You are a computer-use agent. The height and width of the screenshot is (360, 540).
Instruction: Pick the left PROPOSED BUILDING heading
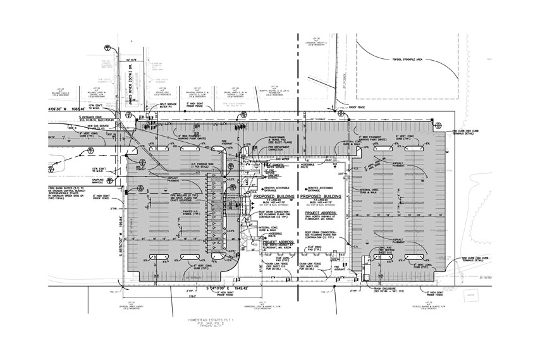[272, 197]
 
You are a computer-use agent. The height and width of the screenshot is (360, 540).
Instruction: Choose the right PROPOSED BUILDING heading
[322, 197]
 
